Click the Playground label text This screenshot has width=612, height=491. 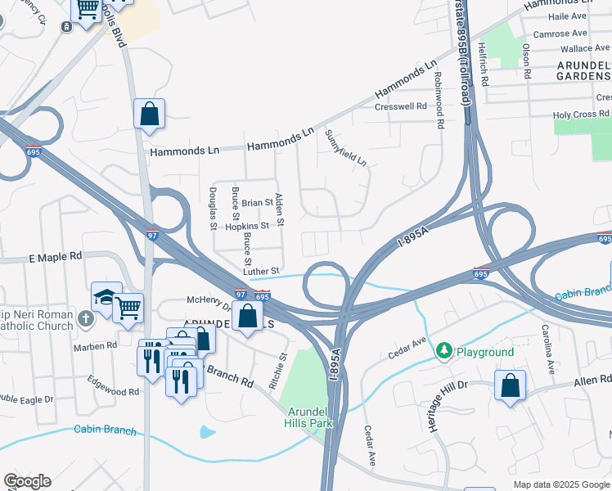[x=485, y=352]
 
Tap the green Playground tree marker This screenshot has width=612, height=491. [x=443, y=351]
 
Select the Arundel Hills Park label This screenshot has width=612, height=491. [x=308, y=417]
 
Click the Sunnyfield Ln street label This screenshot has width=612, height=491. [x=345, y=148]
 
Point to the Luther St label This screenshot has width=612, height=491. [x=261, y=271]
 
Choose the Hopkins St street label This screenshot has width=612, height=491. [x=247, y=226]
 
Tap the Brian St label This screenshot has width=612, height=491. [x=257, y=203]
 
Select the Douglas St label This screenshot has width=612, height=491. [x=213, y=208]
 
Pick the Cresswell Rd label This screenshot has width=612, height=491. [x=401, y=106]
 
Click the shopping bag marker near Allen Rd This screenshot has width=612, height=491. [x=510, y=385]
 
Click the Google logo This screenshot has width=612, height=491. [x=27, y=481]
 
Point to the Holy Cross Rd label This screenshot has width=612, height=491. [x=582, y=115]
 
